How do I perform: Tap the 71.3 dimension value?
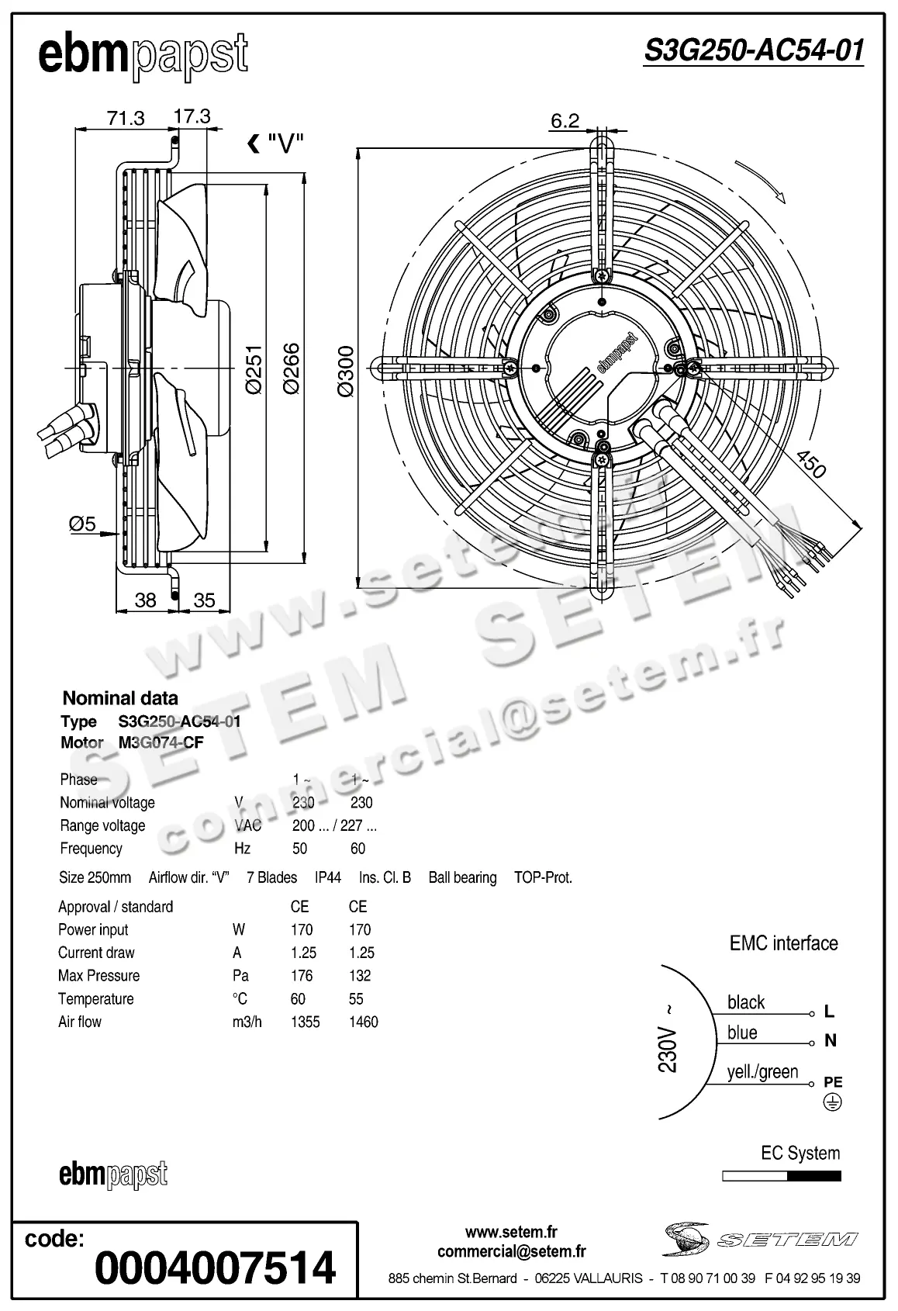pos(126,118)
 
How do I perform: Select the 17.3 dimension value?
pos(192,116)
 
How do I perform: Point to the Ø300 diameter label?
pos(346,372)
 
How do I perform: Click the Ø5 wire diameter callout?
pos(82,524)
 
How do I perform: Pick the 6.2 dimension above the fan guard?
pos(565,120)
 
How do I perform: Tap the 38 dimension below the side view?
pos(145,599)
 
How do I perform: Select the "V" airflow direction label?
pos(285,144)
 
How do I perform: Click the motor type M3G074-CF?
pos(161,742)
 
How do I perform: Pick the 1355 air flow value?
pos(305,1022)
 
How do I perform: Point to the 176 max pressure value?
pos(301,976)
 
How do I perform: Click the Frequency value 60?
pos(357,849)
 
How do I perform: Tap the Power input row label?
pos(93,929)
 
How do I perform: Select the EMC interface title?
pos(783,943)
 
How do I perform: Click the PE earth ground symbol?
pos(832,1102)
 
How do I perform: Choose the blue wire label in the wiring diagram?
pos(742,1033)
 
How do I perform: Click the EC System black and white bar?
pos(781,1176)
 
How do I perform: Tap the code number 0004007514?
pos(215,1267)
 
